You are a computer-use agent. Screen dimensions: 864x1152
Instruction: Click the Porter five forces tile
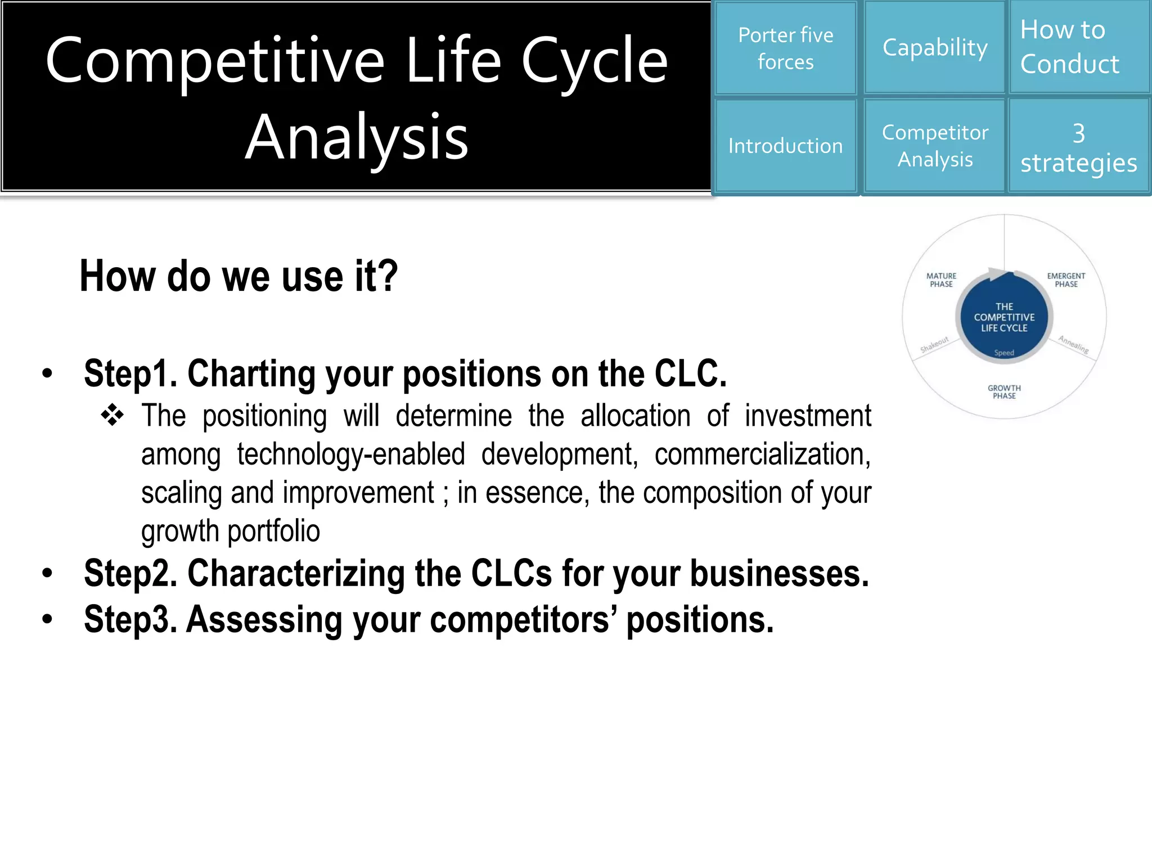pyautogui.click(x=785, y=48)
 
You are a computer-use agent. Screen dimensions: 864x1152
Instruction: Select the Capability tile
pyautogui.click(x=934, y=48)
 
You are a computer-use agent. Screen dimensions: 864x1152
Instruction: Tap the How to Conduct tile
pyautogui.click(x=1079, y=47)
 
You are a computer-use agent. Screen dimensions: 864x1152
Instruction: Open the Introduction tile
pyautogui.click(x=785, y=146)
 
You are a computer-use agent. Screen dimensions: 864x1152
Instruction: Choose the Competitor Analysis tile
pyautogui.click(x=934, y=146)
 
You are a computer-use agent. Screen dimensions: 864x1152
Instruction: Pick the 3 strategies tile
pyautogui.click(x=1079, y=147)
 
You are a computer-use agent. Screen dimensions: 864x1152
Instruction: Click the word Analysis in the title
pyautogui.click(x=357, y=137)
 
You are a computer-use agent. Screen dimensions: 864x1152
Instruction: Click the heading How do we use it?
pyautogui.click(x=238, y=276)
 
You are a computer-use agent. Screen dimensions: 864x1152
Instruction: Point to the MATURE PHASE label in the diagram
pyautogui.click(x=941, y=280)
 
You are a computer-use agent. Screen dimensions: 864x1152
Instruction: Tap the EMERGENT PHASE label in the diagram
pyautogui.click(x=1066, y=280)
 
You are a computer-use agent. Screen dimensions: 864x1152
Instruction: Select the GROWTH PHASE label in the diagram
pyautogui.click(x=1004, y=392)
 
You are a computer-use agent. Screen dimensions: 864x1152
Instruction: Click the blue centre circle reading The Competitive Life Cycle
pyautogui.click(x=1004, y=317)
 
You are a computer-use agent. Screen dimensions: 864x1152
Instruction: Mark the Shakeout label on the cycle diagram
pyautogui.click(x=934, y=344)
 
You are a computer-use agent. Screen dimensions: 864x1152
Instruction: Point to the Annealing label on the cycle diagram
pyautogui.click(x=1073, y=344)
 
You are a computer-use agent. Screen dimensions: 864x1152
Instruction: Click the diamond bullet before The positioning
pyautogui.click(x=112, y=415)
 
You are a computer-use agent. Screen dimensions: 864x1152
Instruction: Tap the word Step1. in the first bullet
pyautogui.click(x=130, y=373)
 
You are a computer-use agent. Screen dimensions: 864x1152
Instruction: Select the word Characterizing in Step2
pyautogui.click(x=296, y=574)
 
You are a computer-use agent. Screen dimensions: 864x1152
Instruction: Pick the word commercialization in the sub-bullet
pyautogui.click(x=762, y=454)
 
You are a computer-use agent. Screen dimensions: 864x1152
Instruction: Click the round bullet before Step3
pyautogui.click(x=47, y=619)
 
